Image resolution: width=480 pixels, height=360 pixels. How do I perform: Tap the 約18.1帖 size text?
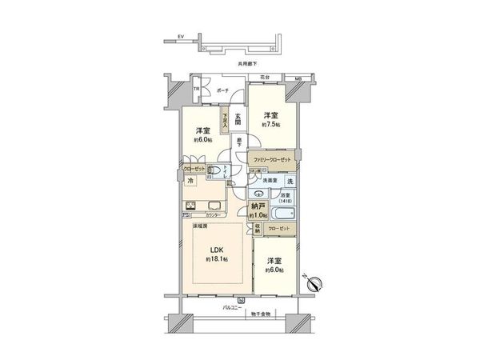215,261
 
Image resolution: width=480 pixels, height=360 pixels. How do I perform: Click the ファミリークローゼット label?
272,159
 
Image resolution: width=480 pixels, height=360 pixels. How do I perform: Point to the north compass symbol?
314,282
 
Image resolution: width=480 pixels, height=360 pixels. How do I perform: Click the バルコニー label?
233,307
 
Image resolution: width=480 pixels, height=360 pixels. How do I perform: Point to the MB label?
298,78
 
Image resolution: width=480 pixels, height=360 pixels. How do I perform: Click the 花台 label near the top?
264,78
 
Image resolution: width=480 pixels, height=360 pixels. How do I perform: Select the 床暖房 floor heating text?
200,226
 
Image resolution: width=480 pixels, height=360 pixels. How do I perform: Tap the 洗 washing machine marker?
290,181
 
